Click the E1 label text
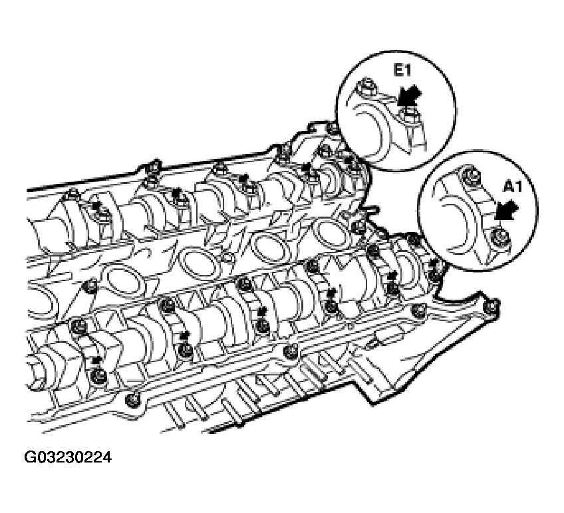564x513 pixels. point(402,71)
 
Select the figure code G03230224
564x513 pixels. point(68,458)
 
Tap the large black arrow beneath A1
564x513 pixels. point(507,210)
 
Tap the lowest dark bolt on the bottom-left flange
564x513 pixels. point(132,400)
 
